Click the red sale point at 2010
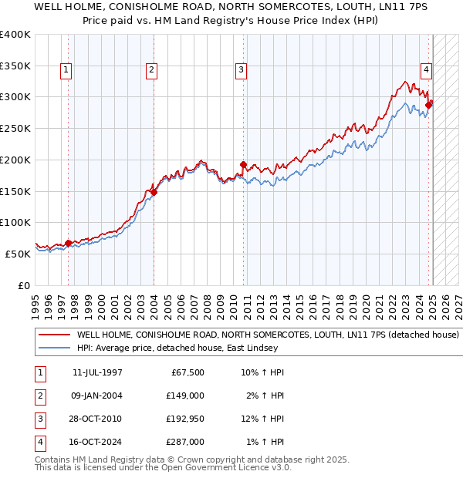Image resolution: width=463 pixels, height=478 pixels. [244, 164]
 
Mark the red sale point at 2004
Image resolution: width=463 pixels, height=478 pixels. [154, 192]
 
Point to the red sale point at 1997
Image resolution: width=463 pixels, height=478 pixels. [68, 243]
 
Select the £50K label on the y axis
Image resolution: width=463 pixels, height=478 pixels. [19, 254]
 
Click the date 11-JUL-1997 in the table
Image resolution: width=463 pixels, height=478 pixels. [96, 372]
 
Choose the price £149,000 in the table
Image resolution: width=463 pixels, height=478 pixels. [185, 396]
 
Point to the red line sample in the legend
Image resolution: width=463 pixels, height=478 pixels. [54, 335]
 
